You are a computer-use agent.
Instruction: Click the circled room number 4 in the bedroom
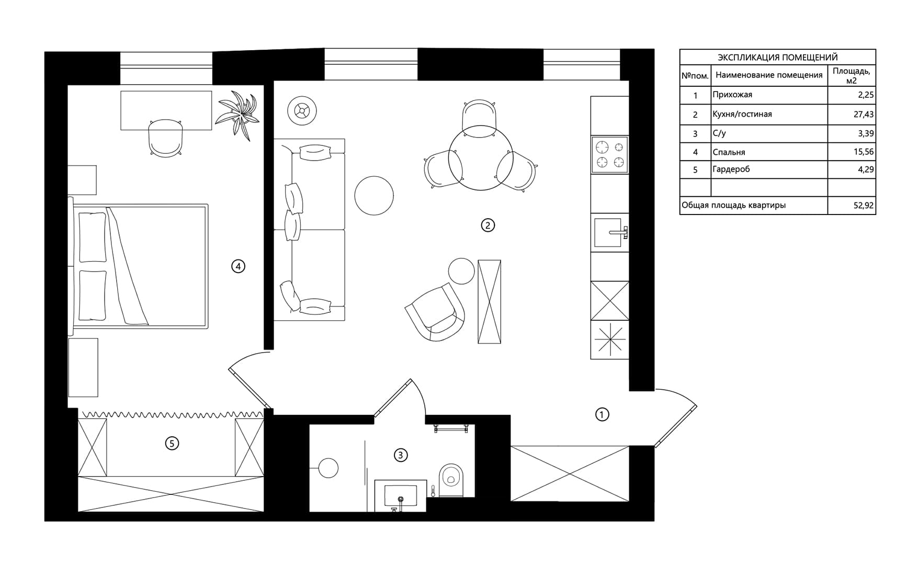pos(238,266)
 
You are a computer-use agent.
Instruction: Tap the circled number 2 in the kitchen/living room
pos(488,225)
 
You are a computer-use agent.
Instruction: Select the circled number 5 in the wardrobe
pos(172,444)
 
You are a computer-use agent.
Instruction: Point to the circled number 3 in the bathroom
pos(401,455)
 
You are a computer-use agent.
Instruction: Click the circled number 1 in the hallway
pos(602,415)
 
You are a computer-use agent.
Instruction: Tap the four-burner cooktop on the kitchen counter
pos(610,155)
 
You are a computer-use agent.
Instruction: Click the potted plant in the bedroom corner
pos(238,115)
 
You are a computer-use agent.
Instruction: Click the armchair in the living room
pos(436,312)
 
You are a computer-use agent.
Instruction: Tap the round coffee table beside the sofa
pos(374,195)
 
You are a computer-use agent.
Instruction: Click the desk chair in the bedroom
pos(166,138)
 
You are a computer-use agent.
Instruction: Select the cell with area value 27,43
pos(851,114)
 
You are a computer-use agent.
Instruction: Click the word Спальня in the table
pos(729,152)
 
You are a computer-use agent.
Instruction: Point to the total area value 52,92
pos(864,206)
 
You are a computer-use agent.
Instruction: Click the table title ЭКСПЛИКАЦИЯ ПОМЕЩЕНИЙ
pos(778,58)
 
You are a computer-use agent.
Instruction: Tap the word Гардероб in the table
pos(731,169)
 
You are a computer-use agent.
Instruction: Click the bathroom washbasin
pos(401,495)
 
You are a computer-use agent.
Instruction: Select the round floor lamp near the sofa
pos(302,111)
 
